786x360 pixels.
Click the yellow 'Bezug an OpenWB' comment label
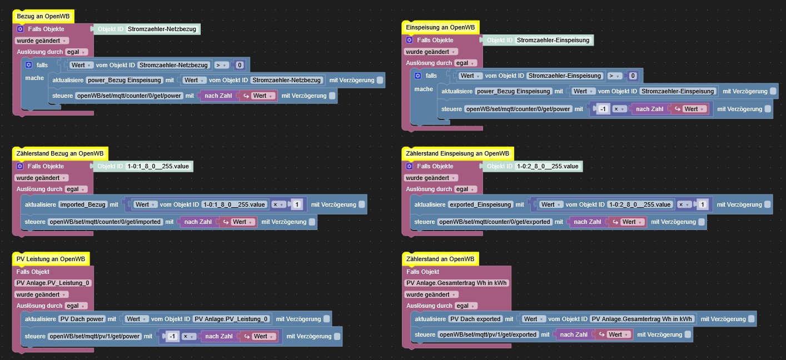tap(43, 17)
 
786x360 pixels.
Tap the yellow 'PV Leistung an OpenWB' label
tap(51, 259)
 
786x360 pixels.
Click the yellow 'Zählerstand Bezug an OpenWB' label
tap(61, 153)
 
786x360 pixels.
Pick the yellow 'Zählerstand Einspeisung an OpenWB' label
tap(457, 153)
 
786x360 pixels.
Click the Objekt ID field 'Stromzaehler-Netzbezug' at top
tap(162, 29)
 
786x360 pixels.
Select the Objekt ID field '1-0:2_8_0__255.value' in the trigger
tap(548, 166)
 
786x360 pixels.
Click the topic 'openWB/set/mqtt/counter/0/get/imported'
tap(106, 222)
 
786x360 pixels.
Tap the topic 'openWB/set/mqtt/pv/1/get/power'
tap(94, 336)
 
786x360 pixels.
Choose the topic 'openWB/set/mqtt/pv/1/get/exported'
tap(488, 334)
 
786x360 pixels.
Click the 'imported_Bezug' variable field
tap(83, 204)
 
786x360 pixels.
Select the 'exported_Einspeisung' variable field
tap(480, 204)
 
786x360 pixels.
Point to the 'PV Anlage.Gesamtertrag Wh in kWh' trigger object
tap(457, 283)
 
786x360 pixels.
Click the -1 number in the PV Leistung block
tap(172, 336)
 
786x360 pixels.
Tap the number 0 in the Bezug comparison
tap(240, 65)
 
